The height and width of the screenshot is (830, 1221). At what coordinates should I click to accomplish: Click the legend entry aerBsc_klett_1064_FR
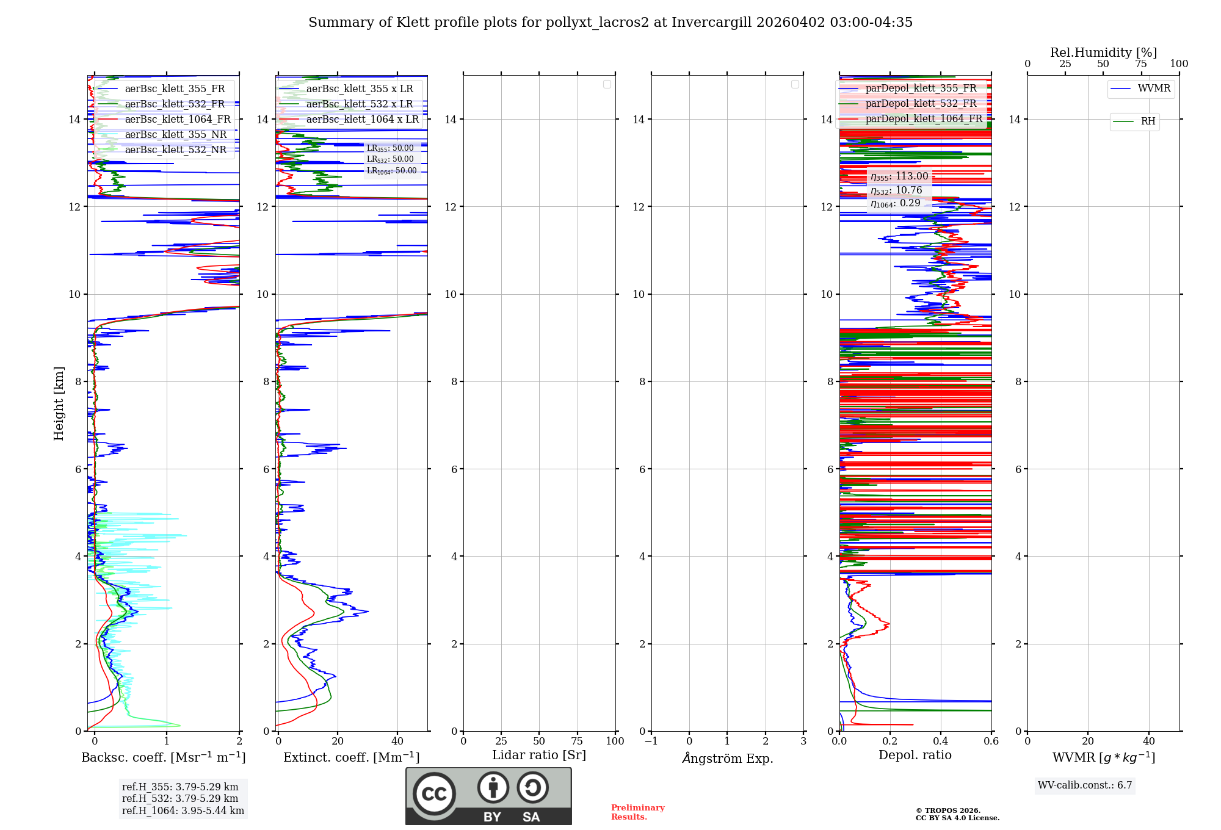178,120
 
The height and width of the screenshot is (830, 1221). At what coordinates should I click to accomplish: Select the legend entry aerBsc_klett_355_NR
175,135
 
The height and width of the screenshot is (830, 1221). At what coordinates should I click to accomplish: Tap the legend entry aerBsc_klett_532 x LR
360,104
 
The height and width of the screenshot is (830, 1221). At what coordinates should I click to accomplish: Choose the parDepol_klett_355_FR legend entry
921,88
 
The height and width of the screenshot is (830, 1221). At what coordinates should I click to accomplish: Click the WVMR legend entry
1154,88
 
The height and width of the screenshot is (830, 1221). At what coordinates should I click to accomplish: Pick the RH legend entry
1148,121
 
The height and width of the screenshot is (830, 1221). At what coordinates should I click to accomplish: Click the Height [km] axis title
59,403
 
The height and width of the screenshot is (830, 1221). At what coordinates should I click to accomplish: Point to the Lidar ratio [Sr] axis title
539,756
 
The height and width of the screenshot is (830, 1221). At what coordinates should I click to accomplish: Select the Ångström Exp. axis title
727,759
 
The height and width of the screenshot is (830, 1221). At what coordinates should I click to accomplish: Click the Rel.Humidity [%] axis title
1103,52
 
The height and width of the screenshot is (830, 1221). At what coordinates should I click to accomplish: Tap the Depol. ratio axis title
915,756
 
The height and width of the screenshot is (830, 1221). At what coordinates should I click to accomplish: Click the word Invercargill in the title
712,23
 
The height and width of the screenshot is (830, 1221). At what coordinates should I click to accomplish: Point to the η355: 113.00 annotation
899,176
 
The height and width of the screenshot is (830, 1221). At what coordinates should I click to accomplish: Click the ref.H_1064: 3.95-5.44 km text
183,811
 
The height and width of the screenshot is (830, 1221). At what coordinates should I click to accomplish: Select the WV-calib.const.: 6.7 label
1085,785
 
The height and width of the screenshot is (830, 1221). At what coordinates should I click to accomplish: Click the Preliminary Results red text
637,812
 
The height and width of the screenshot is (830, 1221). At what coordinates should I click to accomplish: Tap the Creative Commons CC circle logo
434,794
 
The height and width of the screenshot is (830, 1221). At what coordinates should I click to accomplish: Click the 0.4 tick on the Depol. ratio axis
941,742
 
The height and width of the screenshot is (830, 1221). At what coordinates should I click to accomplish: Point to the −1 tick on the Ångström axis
651,742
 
